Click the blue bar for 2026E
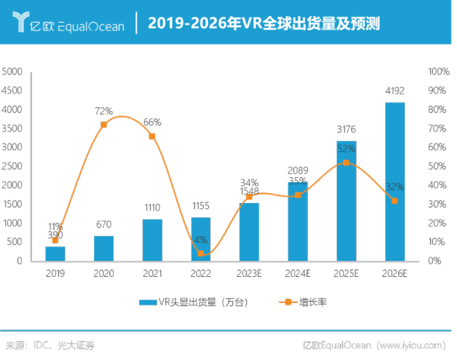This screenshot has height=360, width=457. (395, 182)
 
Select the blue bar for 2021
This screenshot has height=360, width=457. (152, 239)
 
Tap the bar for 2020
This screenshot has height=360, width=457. (104, 248)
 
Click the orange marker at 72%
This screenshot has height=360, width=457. (104, 125)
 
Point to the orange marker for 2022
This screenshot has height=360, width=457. (201, 254)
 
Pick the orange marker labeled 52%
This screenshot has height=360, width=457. (346, 163)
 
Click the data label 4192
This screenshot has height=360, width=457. (395, 91)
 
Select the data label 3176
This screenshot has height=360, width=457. (346, 130)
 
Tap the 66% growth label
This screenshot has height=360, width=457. (152, 122)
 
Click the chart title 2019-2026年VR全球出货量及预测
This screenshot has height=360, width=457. (264, 24)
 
